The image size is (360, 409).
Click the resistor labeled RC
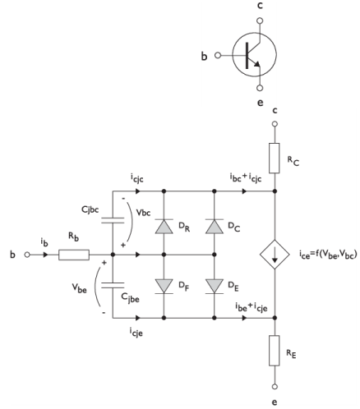point(275,158)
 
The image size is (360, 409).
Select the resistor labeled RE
point(275,351)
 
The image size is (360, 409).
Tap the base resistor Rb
point(74,255)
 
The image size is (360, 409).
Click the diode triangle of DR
point(164,227)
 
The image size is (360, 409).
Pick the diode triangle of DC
point(215,227)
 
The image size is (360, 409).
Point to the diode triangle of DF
point(164,286)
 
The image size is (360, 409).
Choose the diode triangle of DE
point(215,286)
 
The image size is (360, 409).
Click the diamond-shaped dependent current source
point(275,255)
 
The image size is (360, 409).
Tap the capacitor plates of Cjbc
point(113,220)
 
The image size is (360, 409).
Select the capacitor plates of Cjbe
point(113,285)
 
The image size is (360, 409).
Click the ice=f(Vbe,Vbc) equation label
point(328,255)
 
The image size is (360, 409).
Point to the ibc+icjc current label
point(246,178)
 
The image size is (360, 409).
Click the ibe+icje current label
point(252,307)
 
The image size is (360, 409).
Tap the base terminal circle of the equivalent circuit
point(27,255)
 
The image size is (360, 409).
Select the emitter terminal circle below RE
point(275,387)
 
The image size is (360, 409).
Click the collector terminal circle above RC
point(275,124)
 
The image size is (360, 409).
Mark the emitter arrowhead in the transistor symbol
point(257,64)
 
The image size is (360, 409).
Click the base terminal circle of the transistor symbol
point(218,55)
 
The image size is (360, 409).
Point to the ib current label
point(44,242)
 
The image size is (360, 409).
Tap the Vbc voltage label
point(143,213)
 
